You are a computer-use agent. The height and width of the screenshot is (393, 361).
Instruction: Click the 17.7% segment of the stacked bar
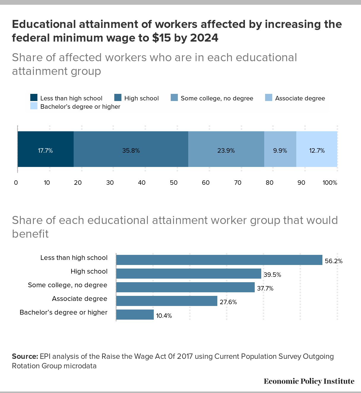pyautogui.click(x=46, y=149)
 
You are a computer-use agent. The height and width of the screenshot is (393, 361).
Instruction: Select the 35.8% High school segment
pyautogui.click(x=131, y=149)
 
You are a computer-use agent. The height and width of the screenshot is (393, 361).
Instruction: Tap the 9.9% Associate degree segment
pyautogui.click(x=280, y=149)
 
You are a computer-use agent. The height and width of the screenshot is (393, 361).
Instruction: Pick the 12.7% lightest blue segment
pyautogui.click(x=317, y=149)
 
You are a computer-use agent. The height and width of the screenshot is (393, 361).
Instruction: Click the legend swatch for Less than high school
pyautogui.click(x=34, y=97)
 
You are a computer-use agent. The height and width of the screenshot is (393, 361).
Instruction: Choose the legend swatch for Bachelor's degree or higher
pyautogui.click(x=34, y=106)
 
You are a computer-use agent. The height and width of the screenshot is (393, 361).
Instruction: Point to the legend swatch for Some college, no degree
pyautogui.click(x=174, y=97)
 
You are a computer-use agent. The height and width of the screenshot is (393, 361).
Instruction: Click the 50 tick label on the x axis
pyautogui.click(x=174, y=183)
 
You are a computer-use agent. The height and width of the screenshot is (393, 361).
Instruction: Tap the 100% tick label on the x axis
pyautogui.click(x=330, y=183)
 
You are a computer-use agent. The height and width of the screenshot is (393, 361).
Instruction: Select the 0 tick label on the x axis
pyautogui.click(x=16, y=183)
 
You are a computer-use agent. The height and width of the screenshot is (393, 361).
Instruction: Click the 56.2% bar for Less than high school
pyautogui.click(x=219, y=260)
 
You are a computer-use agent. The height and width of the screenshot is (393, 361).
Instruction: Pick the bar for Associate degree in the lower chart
pyautogui.click(x=167, y=301)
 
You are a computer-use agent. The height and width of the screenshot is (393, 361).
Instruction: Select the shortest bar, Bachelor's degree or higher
pyautogui.click(x=135, y=315)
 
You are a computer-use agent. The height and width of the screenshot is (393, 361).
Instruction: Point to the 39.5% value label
pyautogui.click(x=272, y=275)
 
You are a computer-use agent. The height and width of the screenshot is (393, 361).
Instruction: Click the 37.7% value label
pyautogui.click(x=265, y=288)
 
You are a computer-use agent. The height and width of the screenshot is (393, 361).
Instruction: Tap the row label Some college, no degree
pyautogui.click(x=68, y=285)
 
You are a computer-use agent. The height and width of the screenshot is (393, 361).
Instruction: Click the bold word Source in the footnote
pyautogui.click(x=25, y=356)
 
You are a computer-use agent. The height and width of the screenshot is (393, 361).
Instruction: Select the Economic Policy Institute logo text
pyautogui.click(x=309, y=381)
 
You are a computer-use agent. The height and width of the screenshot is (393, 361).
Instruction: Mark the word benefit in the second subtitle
pyautogui.click(x=30, y=234)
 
